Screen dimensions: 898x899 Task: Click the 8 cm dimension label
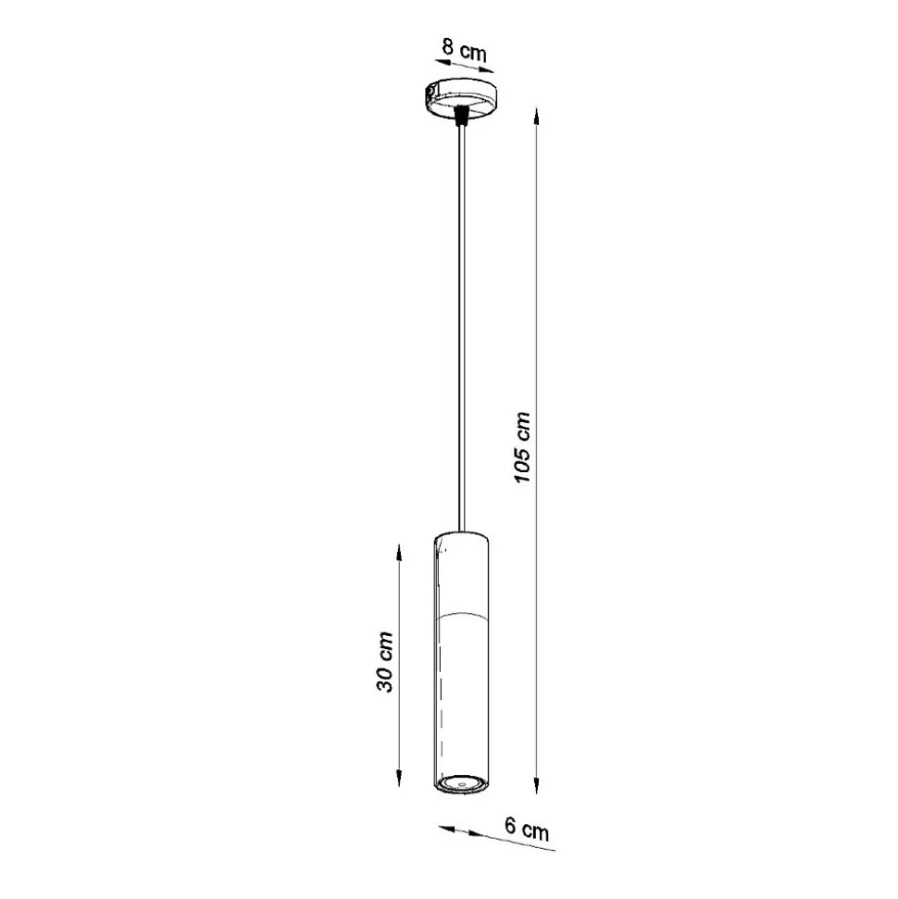[464, 50]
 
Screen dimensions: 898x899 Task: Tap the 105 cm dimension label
[522, 447]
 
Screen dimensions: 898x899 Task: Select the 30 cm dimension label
[385, 662]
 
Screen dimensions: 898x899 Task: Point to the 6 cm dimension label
[527, 829]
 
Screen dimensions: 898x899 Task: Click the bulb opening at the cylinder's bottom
[460, 782]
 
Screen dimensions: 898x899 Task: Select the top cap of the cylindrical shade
[461, 540]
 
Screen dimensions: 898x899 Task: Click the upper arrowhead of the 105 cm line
[537, 117]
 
